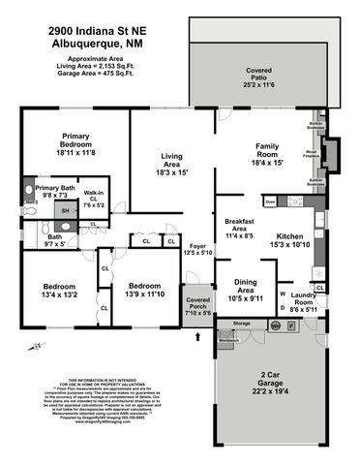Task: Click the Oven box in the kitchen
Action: [x=271, y=201]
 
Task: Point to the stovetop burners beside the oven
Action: [x=293, y=201]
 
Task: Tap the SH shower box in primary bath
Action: [x=65, y=211]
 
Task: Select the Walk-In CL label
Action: [x=94, y=198]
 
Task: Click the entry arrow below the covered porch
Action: [x=198, y=336]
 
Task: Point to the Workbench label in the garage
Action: [x=228, y=341]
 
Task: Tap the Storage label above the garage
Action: [x=242, y=323]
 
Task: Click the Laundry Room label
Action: [x=303, y=301]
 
